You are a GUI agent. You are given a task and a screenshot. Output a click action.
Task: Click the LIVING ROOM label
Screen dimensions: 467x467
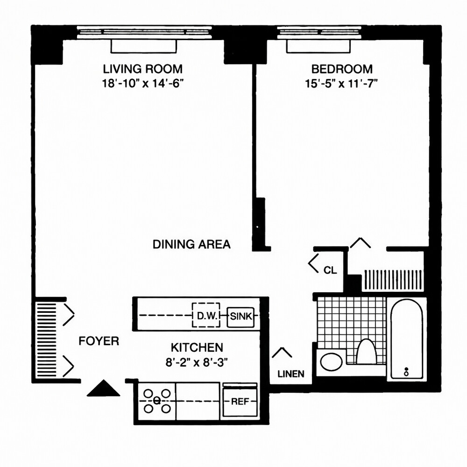click(x=142, y=69)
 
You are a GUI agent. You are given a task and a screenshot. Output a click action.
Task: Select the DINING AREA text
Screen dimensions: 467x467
click(x=191, y=244)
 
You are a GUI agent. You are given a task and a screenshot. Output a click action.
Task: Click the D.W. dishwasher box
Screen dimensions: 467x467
click(x=206, y=316)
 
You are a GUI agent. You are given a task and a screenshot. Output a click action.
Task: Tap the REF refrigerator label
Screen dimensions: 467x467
click(x=239, y=401)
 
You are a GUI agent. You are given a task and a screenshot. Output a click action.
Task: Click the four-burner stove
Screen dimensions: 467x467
click(x=157, y=401)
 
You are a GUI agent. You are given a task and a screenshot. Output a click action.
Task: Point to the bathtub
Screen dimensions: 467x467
click(x=406, y=340)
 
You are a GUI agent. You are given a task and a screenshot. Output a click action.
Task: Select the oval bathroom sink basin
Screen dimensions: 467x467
click(x=331, y=362)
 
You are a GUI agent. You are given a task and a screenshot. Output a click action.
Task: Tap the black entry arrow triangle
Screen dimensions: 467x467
click(x=101, y=388)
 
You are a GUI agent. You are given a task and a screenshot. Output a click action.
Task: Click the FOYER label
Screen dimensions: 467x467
click(x=99, y=341)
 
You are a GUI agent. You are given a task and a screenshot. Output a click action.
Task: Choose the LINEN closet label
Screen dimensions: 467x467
click(x=290, y=374)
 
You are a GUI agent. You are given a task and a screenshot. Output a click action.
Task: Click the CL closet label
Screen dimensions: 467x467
click(x=330, y=270)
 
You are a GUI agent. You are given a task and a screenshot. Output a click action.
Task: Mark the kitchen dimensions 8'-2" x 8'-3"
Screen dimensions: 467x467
click(x=196, y=361)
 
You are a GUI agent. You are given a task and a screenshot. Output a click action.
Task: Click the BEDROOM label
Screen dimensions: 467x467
click(x=342, y=69)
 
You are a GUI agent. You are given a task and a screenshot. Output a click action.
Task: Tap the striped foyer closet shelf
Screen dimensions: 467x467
click(x=46, y=339)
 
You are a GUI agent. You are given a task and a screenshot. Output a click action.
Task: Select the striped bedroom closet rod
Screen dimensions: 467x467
click(x=393, y=279)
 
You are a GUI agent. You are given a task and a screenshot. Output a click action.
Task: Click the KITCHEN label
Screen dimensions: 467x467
click(x=196, y=347)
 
